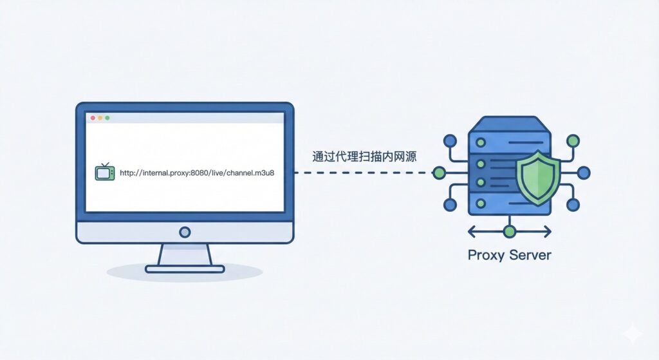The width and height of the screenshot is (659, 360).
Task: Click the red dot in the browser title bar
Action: click(93, 118)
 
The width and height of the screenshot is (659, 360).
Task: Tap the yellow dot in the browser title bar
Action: click(100, 118)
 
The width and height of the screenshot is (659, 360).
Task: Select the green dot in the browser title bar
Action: click(107, 118)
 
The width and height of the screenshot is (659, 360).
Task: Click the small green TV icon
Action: click(104, 173)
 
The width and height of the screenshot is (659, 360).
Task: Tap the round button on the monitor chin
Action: click(185, 232)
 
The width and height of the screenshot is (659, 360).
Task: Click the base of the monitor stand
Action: click(185, 268)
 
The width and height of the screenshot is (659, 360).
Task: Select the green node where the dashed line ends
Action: click(439, 173)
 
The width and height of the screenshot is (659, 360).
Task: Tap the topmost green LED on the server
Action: click(479, 152)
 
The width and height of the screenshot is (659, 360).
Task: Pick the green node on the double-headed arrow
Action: click(510, 231)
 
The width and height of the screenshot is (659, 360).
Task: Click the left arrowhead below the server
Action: click(472, 231)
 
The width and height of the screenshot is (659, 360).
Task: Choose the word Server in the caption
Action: click(530, 254)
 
